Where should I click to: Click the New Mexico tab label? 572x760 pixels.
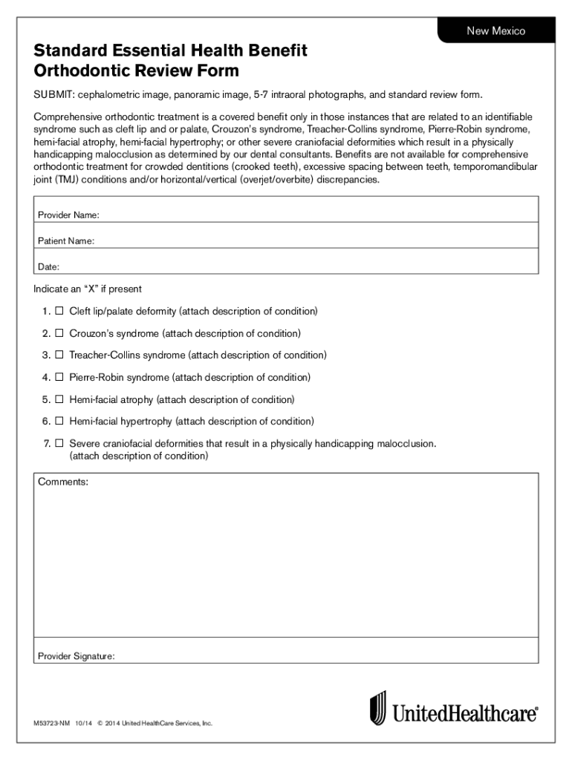click(x=495, y=31)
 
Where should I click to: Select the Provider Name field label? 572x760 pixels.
click(x=68, y=215)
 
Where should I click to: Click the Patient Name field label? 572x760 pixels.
click(x=66, y=241)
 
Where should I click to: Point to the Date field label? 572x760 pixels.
click(x=48, y=266)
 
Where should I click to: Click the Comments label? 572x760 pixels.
click(x=63, y=482)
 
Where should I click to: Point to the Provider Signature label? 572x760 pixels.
click(x=77, y=656)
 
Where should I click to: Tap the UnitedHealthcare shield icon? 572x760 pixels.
click(x=379, y=708)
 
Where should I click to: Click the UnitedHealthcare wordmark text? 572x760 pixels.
click(x=465, y=714)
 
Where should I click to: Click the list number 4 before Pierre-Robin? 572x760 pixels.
click(x=46, y=378)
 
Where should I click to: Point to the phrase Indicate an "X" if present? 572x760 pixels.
click(x=88, y=289)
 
